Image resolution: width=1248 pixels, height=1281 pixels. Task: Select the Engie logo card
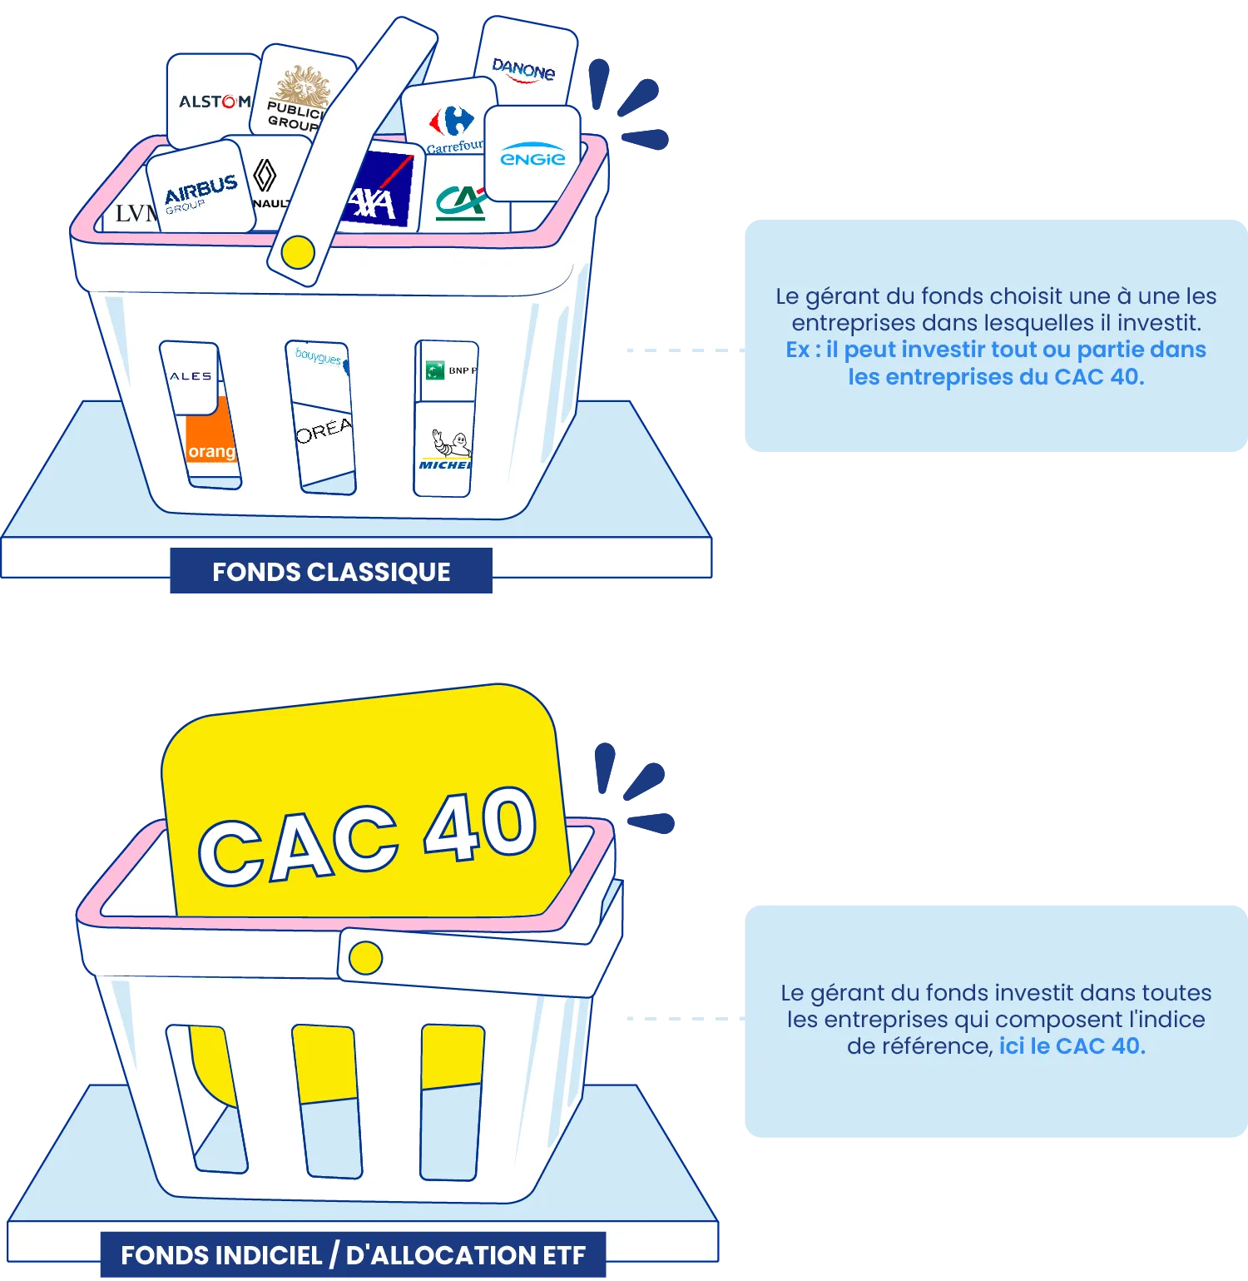click(532, 155)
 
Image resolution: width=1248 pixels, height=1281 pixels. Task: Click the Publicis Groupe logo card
click(295, 100)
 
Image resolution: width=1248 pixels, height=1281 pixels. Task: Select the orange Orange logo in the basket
click(211, 445)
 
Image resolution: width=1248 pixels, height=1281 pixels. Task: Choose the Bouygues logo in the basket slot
click(319, 359)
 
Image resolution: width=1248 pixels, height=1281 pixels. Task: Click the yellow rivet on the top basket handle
click(298, 251)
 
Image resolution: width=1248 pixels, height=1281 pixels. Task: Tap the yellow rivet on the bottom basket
click(365, 958)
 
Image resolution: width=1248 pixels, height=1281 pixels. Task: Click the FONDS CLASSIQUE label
click(330, 573)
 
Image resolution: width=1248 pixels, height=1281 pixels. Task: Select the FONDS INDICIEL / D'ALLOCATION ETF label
click(353, 1255)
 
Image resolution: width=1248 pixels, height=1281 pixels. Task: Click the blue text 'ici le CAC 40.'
click(1072, 1046)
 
